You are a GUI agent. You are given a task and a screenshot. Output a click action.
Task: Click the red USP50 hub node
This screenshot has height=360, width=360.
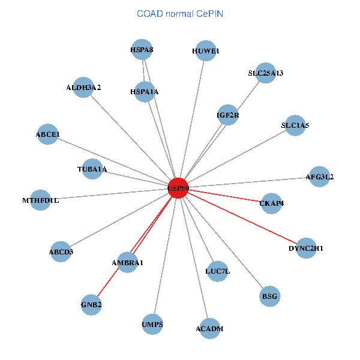[178, 188]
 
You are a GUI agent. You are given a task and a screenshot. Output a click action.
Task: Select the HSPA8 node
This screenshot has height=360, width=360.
[142, 49]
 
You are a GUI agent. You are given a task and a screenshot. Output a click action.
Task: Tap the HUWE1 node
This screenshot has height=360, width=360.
[206, 51]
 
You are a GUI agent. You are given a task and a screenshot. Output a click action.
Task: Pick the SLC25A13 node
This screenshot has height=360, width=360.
[266, 73]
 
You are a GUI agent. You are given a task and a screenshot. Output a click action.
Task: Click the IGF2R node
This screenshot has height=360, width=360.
[228, 115]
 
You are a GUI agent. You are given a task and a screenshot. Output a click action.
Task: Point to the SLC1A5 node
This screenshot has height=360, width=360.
[295, 125]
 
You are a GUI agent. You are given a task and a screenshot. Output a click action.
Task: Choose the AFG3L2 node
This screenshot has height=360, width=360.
[319, 176]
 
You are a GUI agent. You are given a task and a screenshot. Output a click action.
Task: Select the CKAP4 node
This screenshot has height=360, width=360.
[271, 203]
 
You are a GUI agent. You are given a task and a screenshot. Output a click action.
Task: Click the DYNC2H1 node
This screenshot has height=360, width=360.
[306, 248]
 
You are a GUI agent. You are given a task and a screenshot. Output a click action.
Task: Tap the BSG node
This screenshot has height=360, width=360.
[270, 296]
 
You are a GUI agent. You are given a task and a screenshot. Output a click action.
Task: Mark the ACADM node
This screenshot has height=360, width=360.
[209, 329]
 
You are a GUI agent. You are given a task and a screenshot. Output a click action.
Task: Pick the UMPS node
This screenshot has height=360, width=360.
[152, 324]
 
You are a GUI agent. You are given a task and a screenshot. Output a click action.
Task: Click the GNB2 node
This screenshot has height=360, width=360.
[91, 305]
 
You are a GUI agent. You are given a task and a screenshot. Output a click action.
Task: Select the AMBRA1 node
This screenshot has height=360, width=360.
[127, 262]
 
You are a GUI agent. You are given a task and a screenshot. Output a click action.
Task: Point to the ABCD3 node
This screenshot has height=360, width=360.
[61, 251]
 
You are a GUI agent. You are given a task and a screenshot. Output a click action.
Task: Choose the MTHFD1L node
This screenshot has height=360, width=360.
[40, 200]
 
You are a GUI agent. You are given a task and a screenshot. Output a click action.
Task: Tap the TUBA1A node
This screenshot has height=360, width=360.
[92, 169]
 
